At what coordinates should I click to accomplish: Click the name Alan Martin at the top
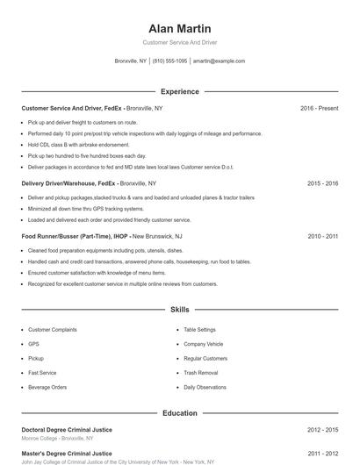(x=180, y=28)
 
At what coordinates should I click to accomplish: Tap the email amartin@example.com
(x=219, y=61)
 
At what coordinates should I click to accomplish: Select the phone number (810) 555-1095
(x=169, y=61)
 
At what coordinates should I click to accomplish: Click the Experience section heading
(x=180, y=91)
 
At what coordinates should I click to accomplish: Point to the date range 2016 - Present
(x=319, y=108)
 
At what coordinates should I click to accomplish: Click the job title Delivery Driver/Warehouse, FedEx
(x=68, y=183)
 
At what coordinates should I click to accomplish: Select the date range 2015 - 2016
(x=322, y=183)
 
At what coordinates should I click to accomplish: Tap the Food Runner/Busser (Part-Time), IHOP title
(x=75, y=236)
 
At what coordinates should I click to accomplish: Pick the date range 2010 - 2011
(x=322, y=236)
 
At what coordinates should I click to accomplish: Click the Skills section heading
(x=180, y=310)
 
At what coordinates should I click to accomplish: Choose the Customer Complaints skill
(x=53, y=330)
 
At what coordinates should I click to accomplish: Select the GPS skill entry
(x=34, y=344)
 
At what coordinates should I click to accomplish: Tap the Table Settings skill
(x=199, y=330)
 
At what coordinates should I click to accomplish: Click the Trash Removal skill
(x=201, y=372)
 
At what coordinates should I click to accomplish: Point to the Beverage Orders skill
(x=47, y=387)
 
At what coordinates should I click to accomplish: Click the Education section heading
(x=180, y=412)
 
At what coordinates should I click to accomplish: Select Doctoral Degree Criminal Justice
(x=67, y=430)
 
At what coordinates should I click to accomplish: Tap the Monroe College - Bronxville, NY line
(x=59, y=438)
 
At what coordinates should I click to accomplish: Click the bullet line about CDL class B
(x=78, y=144)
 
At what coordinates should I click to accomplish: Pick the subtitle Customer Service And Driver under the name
(x=180, y=42)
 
